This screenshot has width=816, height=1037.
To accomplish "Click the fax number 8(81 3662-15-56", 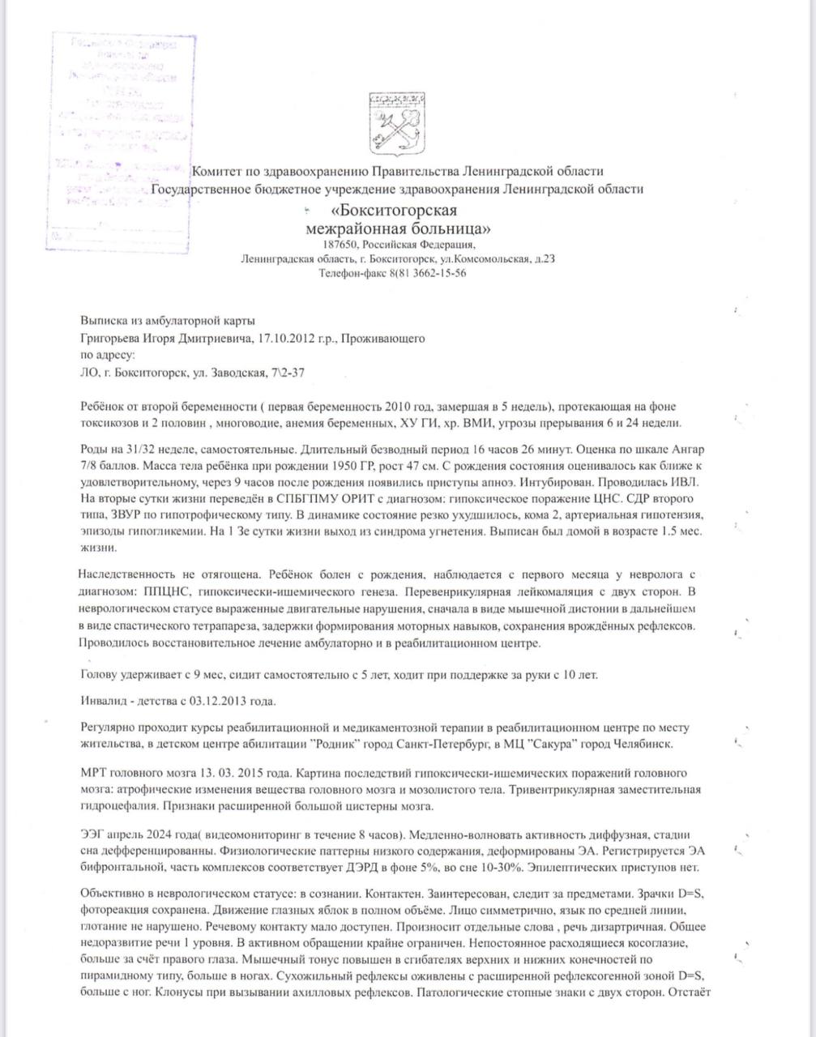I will pos(428,273).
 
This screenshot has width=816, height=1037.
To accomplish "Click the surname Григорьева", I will pos(109,338).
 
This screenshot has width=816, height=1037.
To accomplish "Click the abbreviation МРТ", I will pos(95,773).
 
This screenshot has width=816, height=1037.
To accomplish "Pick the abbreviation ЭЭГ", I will pos(94,834).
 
